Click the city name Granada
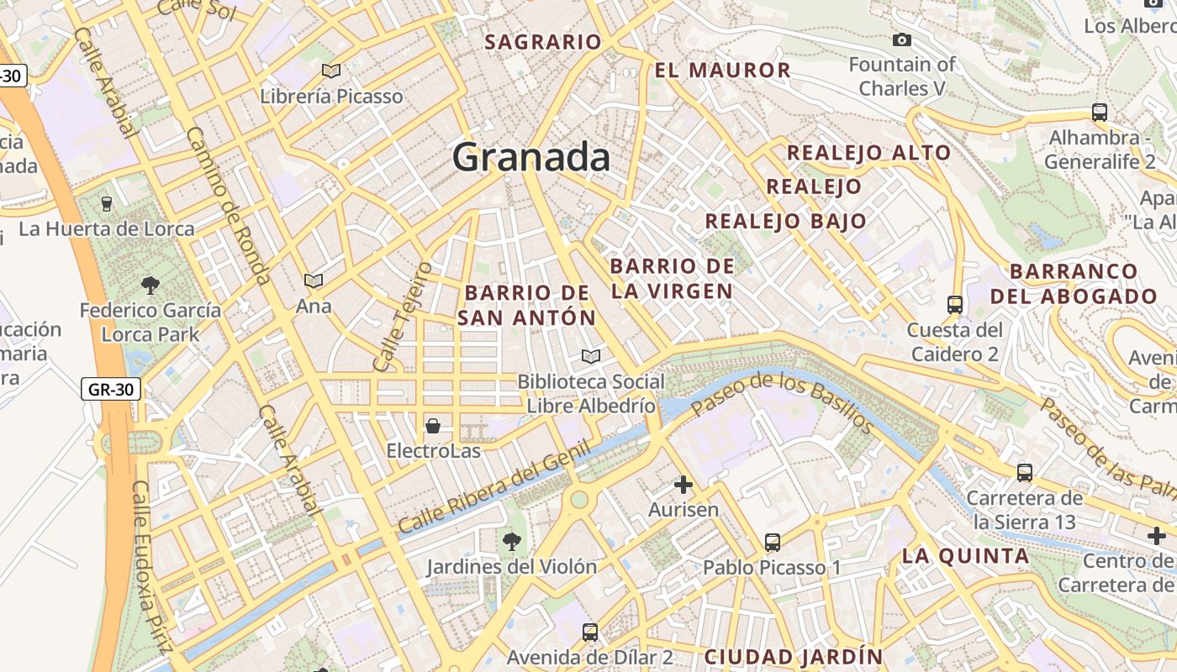(531, 157)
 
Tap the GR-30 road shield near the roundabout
(110, 389)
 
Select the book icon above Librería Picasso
(331, 71)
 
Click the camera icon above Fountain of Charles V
(902, 39)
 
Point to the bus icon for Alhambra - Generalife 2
(1099, 112)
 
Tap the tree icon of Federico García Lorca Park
(150, 286)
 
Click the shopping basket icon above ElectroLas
(433, 426)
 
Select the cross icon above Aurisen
(684, 485)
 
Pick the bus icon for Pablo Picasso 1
(773, 543)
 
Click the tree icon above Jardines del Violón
(511, 542)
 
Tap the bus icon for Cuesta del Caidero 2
(954, 304)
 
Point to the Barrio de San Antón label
(527, 305)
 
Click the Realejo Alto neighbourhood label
(868, 153)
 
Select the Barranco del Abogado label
(1074, 283)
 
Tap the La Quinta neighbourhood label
(965, 555)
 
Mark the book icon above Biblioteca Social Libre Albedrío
(591, 357)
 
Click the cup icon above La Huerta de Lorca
(107, 203)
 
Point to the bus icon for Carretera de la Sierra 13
(1025, 472)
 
